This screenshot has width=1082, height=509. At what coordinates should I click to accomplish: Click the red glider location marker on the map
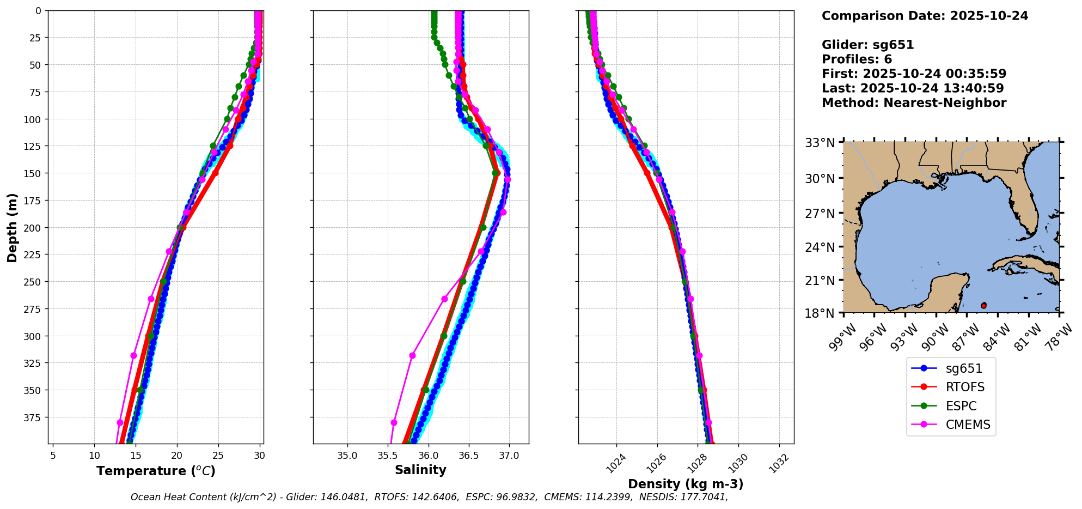(x=983, y=306)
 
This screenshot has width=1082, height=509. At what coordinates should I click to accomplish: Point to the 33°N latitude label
(x=820, y=143)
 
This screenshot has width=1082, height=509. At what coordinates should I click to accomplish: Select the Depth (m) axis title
(x=13, y=227)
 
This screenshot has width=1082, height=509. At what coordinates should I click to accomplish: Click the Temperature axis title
(x=156, y=471)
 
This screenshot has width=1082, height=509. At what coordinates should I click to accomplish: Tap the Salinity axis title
(x=420, y=470)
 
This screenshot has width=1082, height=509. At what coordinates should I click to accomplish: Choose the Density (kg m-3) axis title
(x=686, y=484)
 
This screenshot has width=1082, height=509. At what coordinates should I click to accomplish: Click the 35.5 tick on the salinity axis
(x=387, y=455)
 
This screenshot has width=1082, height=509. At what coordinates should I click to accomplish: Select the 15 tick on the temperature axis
(x=135, y=455)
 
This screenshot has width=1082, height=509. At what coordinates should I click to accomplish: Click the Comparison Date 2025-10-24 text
(x=925, y=16)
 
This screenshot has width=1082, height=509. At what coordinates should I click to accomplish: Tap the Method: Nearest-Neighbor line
(x=914, y=103)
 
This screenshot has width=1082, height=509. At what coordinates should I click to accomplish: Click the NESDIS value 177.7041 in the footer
(x=707, y=497)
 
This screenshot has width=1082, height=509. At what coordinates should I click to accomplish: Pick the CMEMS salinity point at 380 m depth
(x=394, y=422)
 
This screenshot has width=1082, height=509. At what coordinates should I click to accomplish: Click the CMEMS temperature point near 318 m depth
(x=133, y=355)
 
